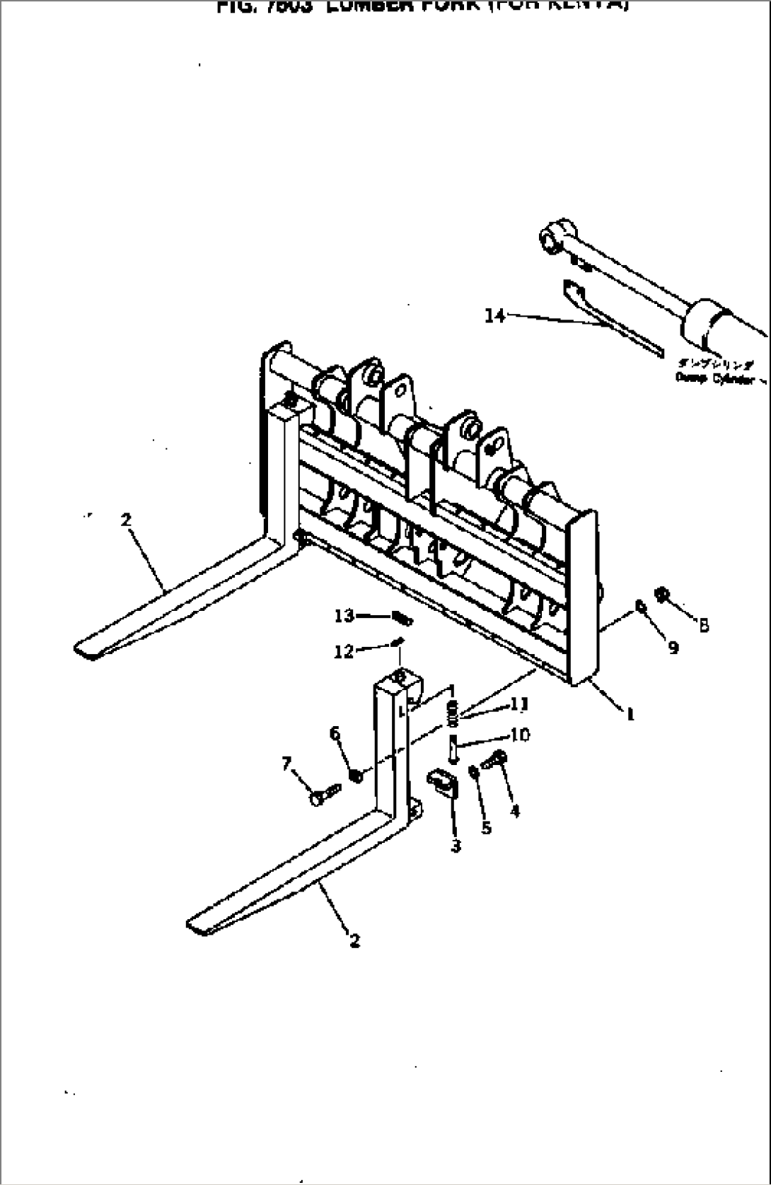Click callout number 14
(494, 315)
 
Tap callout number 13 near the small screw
(344, 617)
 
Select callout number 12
(343, 651)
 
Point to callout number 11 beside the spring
(519, 704)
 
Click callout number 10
(519, 735)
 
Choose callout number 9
(673, 647)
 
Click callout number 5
(486, 827)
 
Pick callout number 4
(514, 811)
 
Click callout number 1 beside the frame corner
(630, 714)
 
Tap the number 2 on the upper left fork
(126, 520)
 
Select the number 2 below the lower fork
(354, 940)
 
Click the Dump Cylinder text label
(714, 378)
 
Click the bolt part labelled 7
(323, 794)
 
